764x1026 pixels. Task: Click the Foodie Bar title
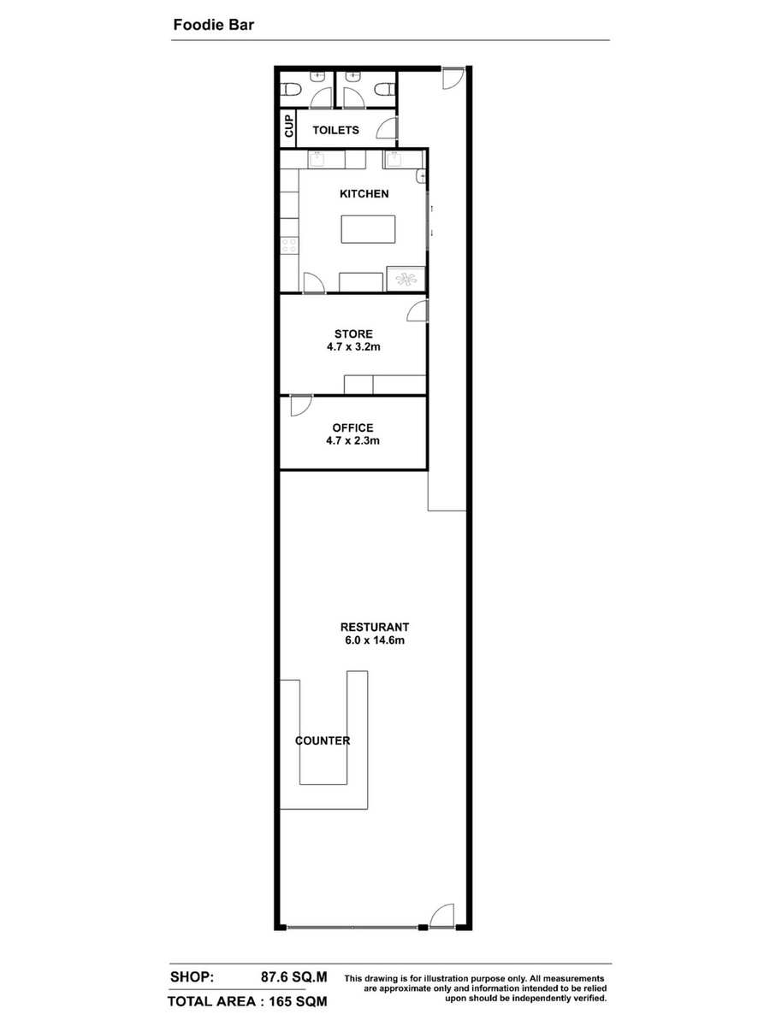(x=213, y=25)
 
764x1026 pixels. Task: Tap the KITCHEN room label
(x=364, y=194)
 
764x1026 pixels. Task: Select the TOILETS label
(x=335, y=131)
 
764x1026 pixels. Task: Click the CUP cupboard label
(x=289, y=126)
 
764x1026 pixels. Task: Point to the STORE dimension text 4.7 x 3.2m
(x=353, y=347)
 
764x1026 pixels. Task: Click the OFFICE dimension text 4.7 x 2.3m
(x=352, y=441)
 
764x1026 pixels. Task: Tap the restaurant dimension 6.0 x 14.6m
(x=375, y=640)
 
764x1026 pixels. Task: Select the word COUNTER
(x=323, y=740)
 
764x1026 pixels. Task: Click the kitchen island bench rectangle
(x=368, y=229)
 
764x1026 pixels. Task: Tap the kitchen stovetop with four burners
(x=289, y=245)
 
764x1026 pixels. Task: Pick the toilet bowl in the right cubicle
(x=386, y=89)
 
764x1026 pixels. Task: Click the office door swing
(x=301, y=405)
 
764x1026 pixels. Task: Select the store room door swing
(x=418, y=310)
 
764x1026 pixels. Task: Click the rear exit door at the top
(x=453, y=79)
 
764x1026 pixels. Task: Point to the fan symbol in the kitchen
(x=406, y=279)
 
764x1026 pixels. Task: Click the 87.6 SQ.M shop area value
(x=294, y=977)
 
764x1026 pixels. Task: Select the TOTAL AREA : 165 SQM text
(x=247, y=1001)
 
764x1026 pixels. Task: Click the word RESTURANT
(x=375, y=628)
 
